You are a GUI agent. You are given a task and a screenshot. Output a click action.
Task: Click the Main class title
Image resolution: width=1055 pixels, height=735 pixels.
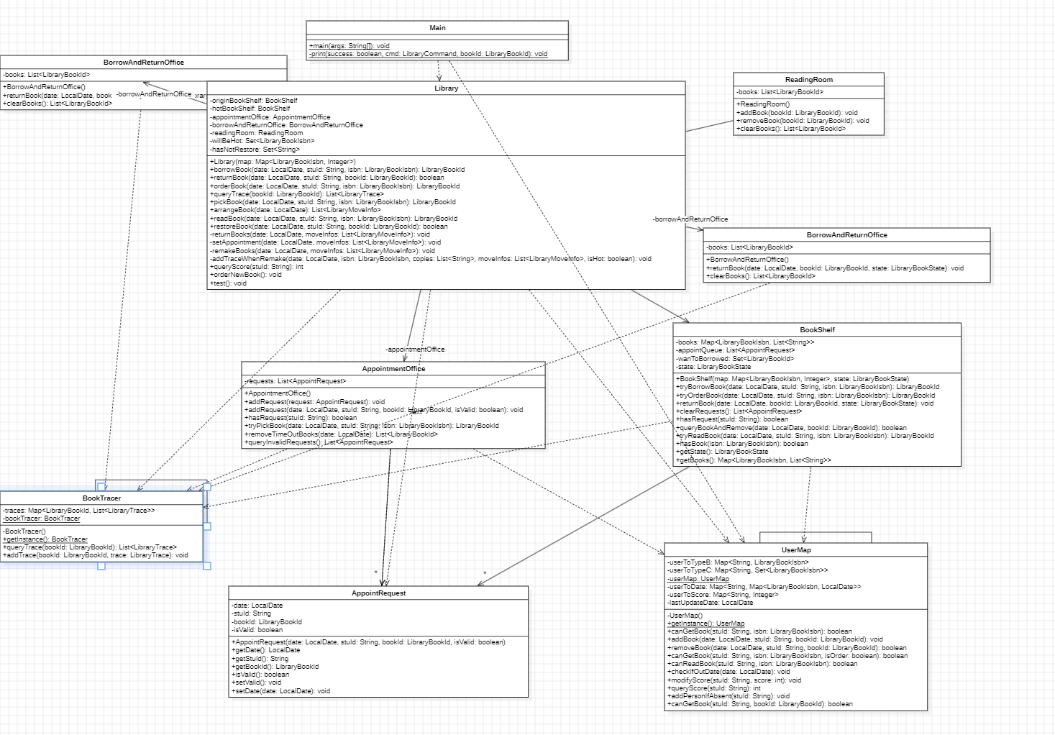coord(437,28)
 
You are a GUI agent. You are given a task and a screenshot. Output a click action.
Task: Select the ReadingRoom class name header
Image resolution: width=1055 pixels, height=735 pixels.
coord(808,80)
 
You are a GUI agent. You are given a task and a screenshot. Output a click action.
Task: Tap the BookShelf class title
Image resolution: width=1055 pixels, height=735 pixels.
coord(817,330)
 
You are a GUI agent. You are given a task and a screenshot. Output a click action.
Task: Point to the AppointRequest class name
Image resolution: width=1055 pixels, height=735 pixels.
coord(378,593)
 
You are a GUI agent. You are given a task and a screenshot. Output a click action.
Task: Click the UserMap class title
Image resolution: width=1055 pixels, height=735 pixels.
coord(796,550)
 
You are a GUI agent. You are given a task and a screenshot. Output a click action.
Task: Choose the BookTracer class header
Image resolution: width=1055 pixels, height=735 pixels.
coord(101,498)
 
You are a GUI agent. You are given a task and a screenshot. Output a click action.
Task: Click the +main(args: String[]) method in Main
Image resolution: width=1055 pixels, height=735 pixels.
coord(350,46)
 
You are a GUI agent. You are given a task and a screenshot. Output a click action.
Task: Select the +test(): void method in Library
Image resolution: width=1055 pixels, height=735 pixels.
coord(228,283)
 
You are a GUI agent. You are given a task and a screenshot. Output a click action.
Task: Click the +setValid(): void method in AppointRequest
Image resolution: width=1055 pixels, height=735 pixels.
coord(257,682)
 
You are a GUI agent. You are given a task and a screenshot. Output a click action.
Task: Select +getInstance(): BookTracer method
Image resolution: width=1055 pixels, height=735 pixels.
coord(45,539)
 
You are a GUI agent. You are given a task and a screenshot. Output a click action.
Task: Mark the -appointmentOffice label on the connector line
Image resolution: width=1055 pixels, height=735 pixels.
coord(415,350)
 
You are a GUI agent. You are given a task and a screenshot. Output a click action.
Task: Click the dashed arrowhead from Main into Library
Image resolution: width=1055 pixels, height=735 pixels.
coord(439,78)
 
